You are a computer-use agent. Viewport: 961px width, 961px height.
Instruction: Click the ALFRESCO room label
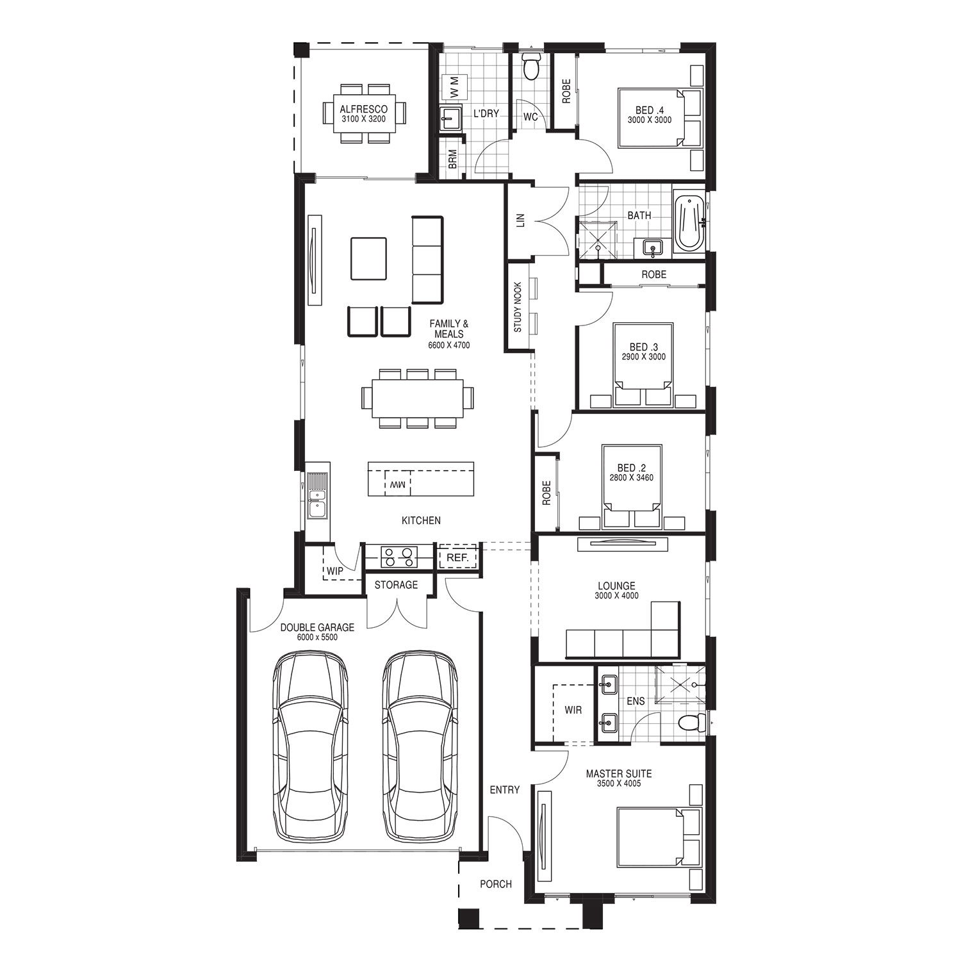tap(363, 110)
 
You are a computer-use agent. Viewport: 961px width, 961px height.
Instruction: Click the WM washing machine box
tap(454, 86)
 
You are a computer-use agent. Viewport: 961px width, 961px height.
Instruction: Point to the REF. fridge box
tap(458, 557)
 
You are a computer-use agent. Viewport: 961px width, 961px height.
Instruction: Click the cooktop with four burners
tap(399, 557)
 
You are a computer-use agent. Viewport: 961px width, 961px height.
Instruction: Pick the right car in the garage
tap(420, 747)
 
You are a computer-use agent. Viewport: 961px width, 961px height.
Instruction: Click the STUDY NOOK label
tap(518, 307)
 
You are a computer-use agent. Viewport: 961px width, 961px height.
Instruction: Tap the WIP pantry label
tap(335, 571)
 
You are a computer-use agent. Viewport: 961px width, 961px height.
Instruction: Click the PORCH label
tap(496, 884)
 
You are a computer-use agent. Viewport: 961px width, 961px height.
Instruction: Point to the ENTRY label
tap(505, 790)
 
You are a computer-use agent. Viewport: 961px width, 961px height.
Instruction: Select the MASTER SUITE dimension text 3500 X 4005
tap(619, 784)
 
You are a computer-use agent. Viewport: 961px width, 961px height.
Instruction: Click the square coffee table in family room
tap(368, 259)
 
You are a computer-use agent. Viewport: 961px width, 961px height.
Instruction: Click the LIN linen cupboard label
tap(520, 221)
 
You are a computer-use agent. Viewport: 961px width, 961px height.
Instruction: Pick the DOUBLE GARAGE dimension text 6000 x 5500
tap(317, 637)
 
